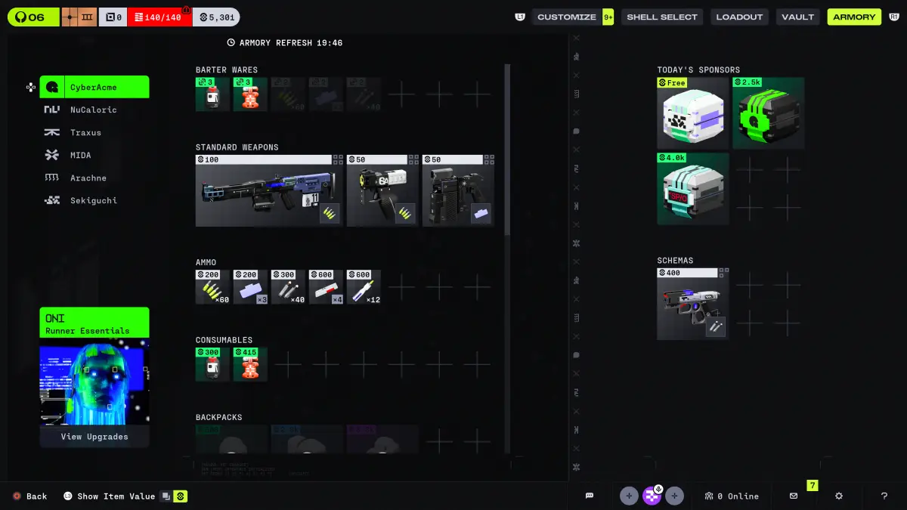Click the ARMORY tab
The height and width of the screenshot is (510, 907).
click(854, 17)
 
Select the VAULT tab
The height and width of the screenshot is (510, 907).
click(798, 17)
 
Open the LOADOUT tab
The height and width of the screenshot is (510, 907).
click(739, 17)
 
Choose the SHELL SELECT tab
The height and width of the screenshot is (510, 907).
click(661, 17)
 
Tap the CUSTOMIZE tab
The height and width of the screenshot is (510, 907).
click(567, 17)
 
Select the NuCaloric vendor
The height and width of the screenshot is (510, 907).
click(93, 110)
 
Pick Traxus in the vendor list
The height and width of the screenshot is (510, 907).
click(85, 132)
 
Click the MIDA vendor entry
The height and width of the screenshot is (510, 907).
click(80, 155)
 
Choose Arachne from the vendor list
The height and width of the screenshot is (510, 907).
click(88, 178)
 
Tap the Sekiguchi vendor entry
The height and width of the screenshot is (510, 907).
click(93, 200)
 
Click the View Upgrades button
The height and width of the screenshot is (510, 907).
click(94, 437)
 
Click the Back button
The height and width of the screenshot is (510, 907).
click(30, 496)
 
